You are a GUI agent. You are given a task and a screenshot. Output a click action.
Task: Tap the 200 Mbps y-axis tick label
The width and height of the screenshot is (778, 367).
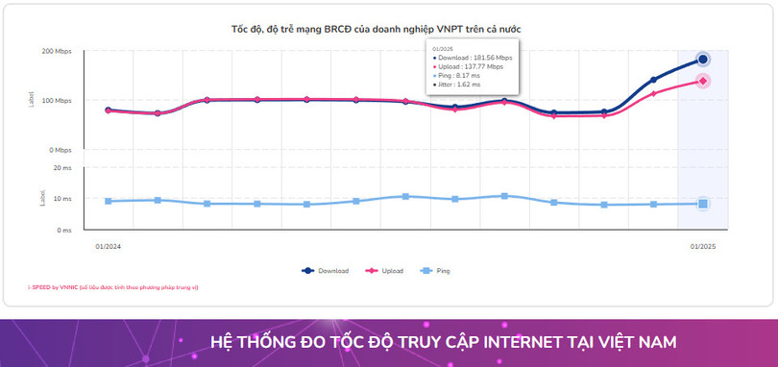click(x=57, y=51)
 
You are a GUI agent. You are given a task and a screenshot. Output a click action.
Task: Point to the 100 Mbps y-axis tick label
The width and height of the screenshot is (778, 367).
click(x=57, y=101)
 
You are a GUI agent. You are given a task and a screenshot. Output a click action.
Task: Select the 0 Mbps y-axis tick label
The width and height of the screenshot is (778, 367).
click(x=60, y=150)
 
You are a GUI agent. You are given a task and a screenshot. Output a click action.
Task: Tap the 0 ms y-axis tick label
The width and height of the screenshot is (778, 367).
click(x=63, y=231)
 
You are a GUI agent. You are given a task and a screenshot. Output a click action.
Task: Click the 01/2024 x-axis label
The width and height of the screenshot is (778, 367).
click(x=108, y=246)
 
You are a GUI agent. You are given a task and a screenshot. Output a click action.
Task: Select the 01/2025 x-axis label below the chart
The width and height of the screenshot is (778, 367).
click(x=702, y=246)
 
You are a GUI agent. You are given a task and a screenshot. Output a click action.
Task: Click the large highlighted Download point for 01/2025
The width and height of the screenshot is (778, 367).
click(x=703, y=60)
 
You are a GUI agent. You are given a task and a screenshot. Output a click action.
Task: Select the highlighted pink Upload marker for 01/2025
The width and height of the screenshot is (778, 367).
click(x=703, y=81)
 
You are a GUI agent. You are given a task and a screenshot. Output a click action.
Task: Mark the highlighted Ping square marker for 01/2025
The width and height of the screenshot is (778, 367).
click(x=703, y=204)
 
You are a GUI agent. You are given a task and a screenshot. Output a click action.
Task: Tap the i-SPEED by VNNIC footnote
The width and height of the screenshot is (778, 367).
click(x=112, y=286)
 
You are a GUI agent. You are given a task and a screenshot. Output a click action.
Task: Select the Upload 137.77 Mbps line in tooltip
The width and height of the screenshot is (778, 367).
click(x=471, y=66)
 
